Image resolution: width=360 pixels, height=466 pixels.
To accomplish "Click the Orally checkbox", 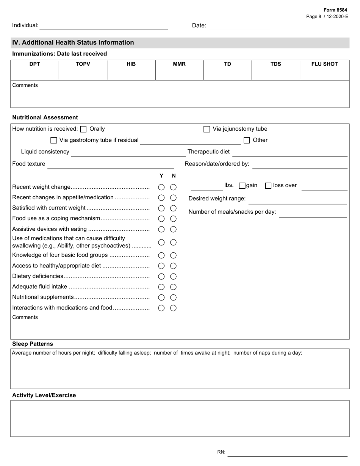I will [x=83, y=129].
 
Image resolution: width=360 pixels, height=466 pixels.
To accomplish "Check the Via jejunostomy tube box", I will [x=207, y=129].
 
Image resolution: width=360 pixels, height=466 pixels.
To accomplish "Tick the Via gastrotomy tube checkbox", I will [x=53, y=141].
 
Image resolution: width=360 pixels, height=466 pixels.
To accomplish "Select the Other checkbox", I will [x=247, y=141].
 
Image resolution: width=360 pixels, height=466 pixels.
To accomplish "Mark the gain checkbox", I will [x=242, y=186].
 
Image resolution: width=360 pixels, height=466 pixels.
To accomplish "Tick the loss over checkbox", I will [x=268, y=186].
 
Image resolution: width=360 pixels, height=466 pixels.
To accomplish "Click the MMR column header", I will [x=179, y=64].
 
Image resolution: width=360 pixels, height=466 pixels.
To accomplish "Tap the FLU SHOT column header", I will [x=324, y=64].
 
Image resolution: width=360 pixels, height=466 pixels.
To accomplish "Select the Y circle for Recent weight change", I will [x=161, y=187].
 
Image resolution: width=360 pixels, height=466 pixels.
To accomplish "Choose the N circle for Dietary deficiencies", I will [x=173, y=277].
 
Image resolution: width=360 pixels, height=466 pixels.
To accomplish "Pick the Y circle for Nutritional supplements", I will [x=161, y=297].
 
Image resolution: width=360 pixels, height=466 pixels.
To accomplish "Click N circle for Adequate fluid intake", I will [x=173, y=287].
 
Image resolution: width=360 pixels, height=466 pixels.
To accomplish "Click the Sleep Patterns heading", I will [x=33, y=344].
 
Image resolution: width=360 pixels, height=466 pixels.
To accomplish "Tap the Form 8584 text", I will [x=335, y=10].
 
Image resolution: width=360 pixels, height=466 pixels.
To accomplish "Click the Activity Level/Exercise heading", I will [x=44, y=395].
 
